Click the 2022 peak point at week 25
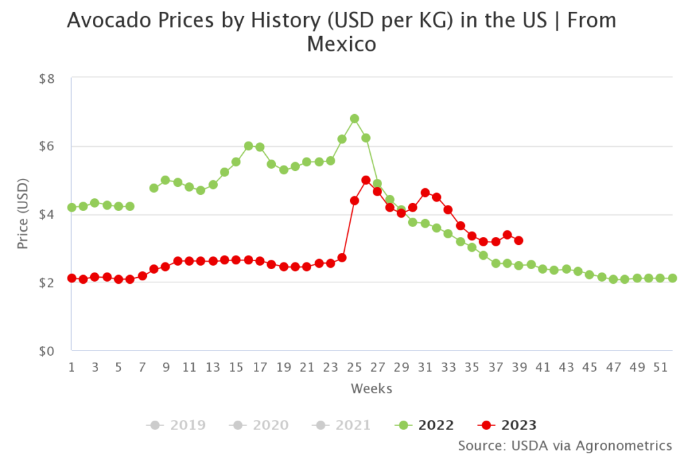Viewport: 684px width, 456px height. click(354, 118)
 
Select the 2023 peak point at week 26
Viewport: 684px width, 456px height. click(366, 180)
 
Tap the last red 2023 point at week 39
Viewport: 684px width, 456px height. click(519, 240)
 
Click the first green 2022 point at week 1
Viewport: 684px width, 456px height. click(71, 208)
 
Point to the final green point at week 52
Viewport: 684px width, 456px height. click(673, 278)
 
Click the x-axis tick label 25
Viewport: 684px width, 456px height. click(354, 367)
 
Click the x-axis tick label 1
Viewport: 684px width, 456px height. click(71, 367)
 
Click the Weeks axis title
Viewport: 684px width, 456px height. click(371, 388)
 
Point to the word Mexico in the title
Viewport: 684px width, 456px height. click(341, 45)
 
